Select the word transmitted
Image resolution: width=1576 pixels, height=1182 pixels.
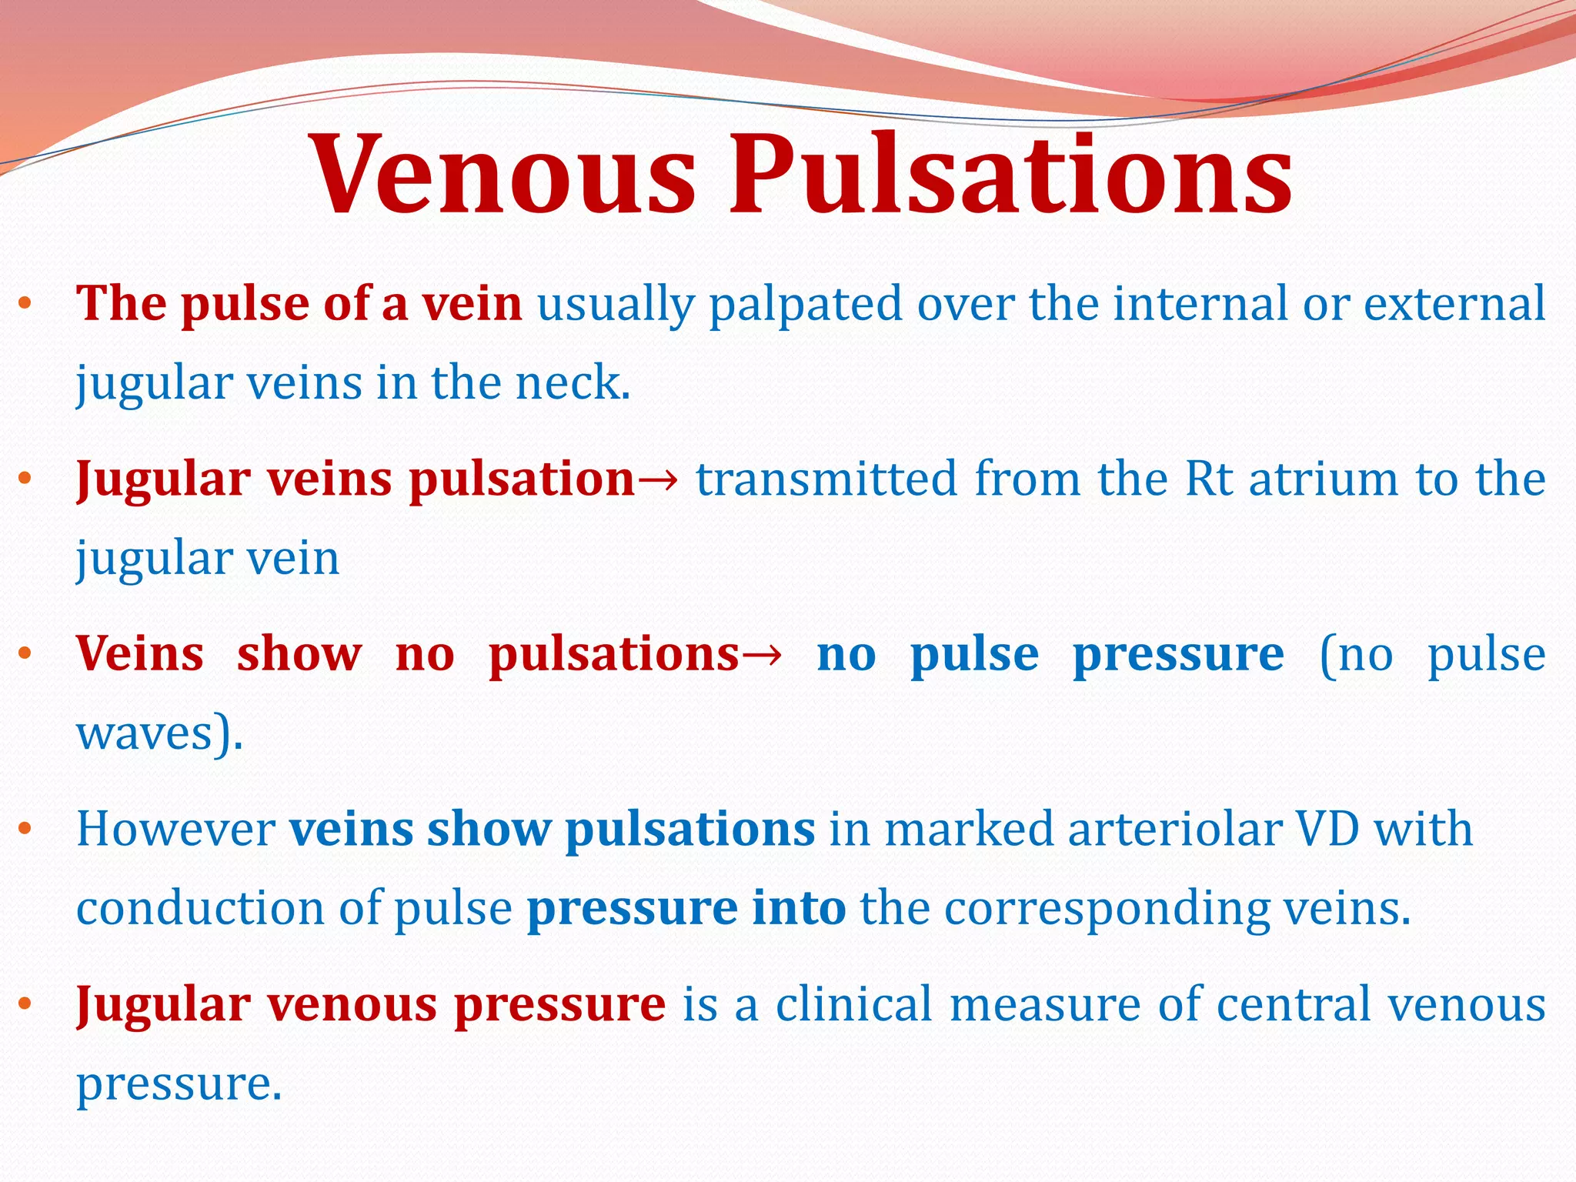click(x=826, y=479)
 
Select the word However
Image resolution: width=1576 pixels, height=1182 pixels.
click(x=175, y=830)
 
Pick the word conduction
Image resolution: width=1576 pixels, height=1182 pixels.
click(x=200, y=908)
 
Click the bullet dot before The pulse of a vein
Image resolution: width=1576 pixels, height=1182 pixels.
click(x=25, y=304)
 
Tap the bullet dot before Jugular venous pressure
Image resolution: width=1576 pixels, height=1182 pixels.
click(x=25, y=1004)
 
